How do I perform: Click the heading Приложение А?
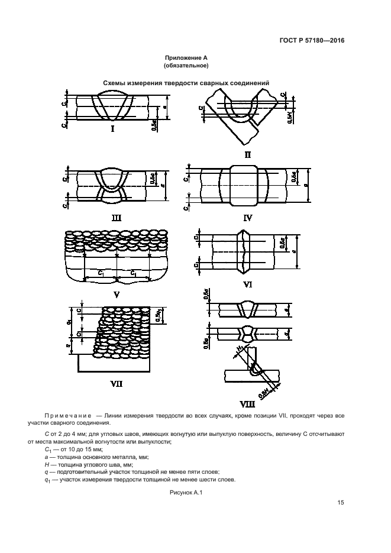tap(186, 58)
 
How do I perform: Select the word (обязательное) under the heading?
tap(186, 66)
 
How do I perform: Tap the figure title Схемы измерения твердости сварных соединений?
tap(186, 83)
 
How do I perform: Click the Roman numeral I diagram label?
tap(112, 128)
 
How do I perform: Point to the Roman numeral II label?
tap(248, 155)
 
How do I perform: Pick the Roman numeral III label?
tap(117, 217)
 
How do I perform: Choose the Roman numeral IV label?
tap(247, 217)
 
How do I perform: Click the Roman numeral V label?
tap(117, 294)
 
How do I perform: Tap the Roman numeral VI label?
tap(248, 284)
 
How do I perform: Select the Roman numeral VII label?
tap(117, 384)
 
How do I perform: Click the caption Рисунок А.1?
tap(186, 492)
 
